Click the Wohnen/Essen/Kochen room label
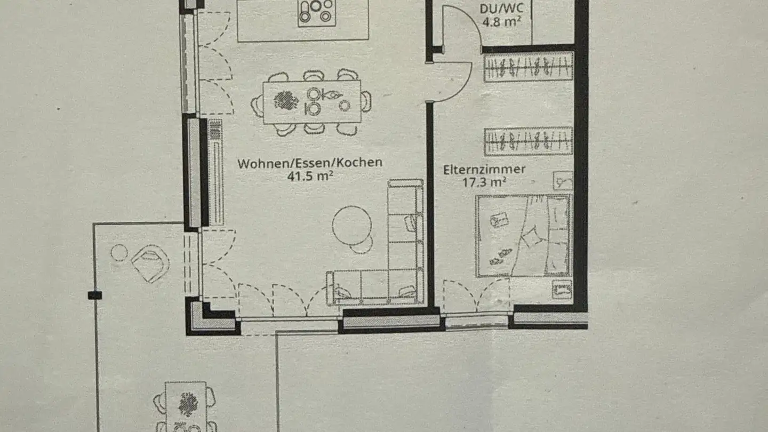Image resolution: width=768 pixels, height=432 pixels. (310, 163)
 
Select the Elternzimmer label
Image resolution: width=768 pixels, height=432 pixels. (484, 170)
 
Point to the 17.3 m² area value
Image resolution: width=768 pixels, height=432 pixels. (484, 182)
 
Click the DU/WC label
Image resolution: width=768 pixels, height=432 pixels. (501, 9)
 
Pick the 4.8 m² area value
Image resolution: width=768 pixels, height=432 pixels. (501, 22)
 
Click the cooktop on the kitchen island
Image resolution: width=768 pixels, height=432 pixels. (317, 11)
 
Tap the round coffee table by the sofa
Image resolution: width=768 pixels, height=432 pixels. (351, 226)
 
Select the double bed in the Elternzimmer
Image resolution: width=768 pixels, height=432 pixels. (523, 235)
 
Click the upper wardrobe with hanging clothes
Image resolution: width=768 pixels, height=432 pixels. (528, 67)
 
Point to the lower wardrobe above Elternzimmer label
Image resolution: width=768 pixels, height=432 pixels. (528, 141)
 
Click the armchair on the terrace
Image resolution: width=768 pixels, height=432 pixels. (150, 262)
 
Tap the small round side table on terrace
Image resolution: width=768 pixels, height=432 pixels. (119, 253)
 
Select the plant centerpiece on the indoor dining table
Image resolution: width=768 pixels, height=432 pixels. (286, 100)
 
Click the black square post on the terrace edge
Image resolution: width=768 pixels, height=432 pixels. (95, 295)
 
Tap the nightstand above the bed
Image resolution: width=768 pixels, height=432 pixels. (562, 181)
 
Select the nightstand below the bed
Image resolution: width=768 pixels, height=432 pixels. (562, 290)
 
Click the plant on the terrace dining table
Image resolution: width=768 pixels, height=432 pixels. (187, 404)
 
